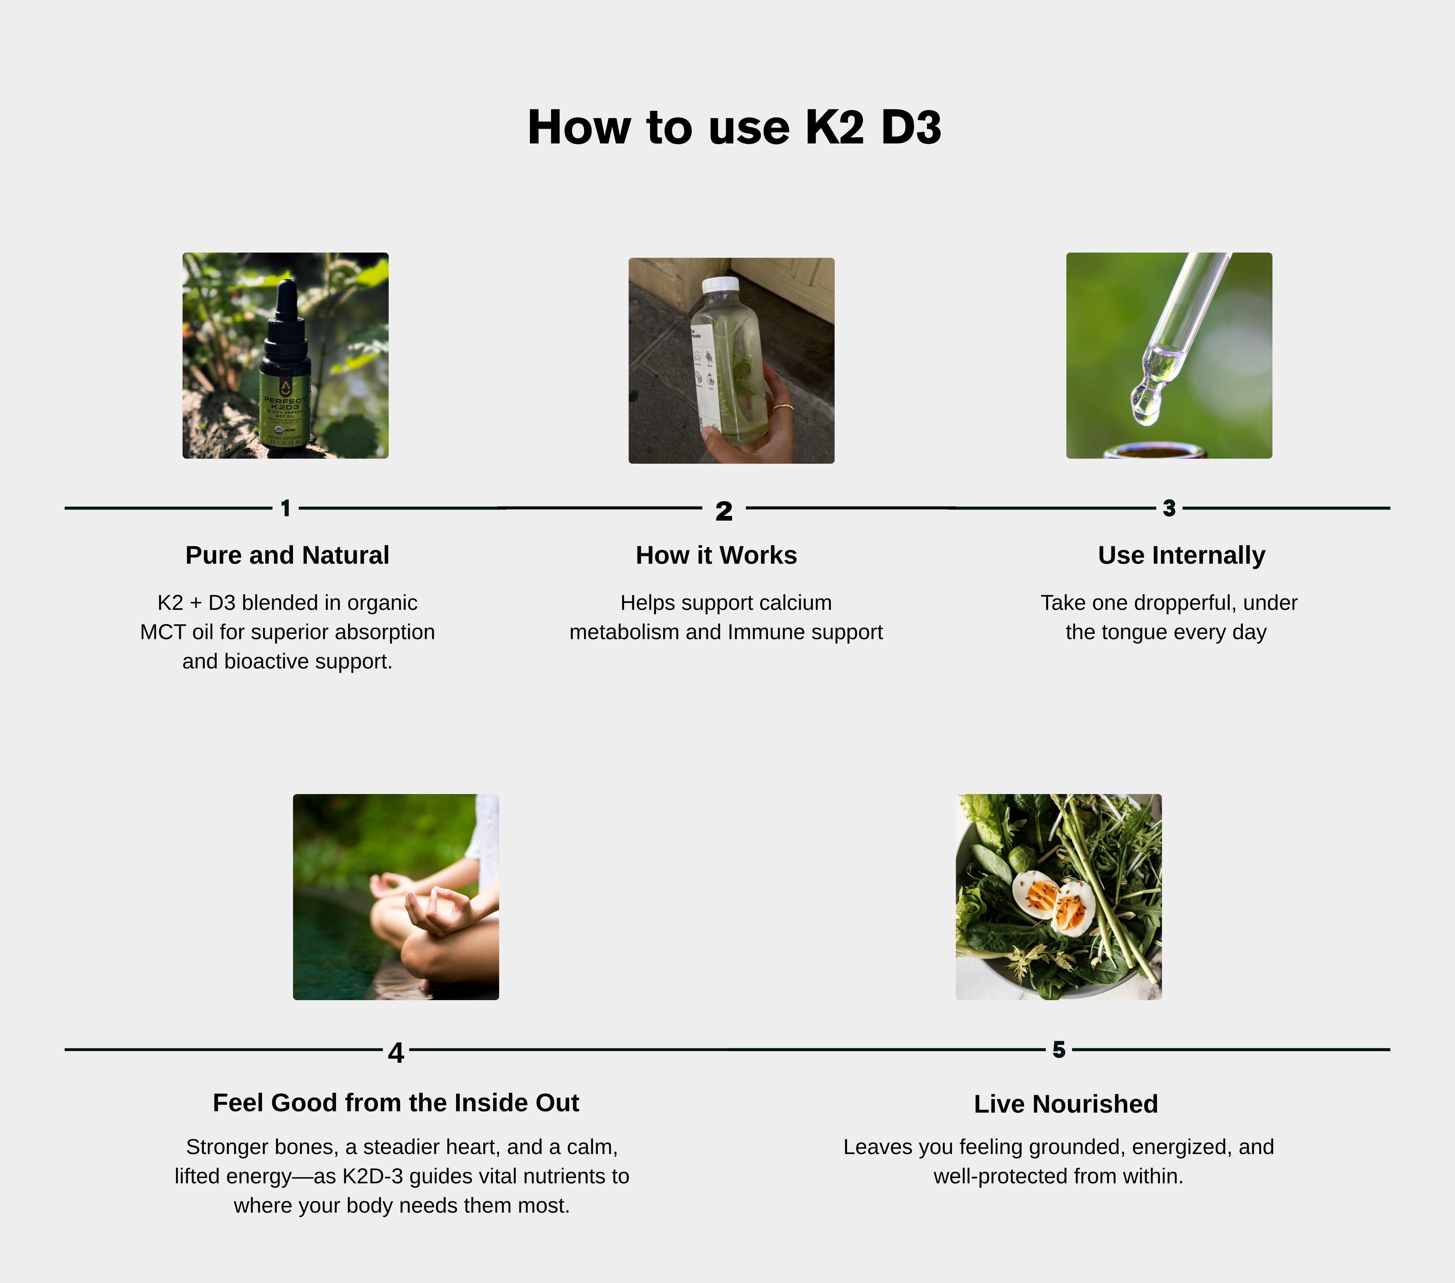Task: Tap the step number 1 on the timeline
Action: click(x=286, y=508)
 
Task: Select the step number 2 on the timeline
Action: click(x=724, y=511)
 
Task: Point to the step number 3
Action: click(x=1169, y=508)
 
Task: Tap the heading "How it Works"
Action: click(x=716, y=555)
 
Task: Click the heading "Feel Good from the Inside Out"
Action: click(x=396, y=1102)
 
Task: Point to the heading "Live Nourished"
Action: click(x=1066, y=1104)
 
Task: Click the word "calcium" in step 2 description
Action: click(x=795, y=603)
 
